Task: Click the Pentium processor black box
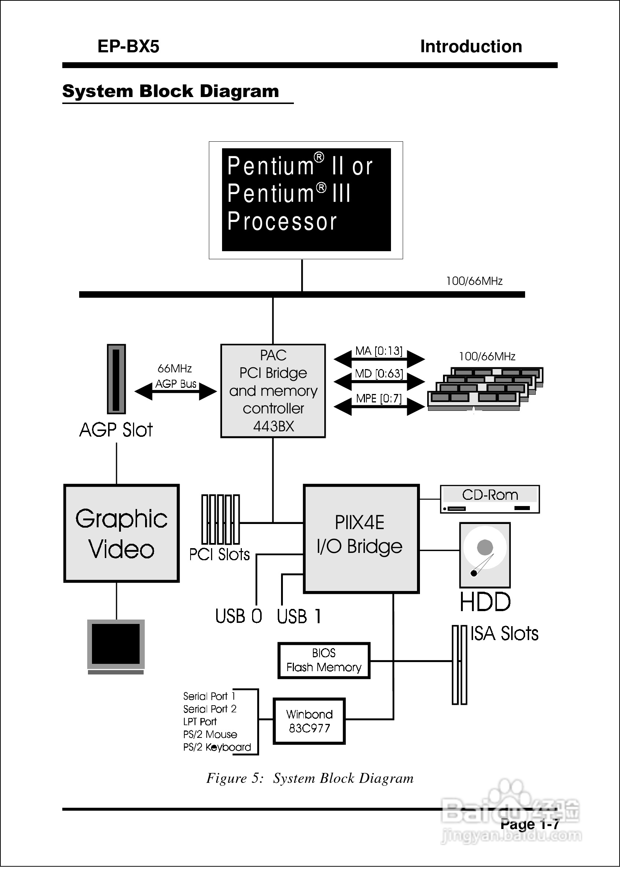tap(306, 200)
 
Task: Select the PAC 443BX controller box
tap(273, 391)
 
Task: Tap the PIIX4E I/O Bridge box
tap(361, 539)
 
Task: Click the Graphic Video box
tap(121, 533)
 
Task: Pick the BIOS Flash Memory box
tap(324, 661)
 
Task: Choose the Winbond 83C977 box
tap(309, 721)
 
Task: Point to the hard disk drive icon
tap(484, 555)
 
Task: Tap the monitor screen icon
tap(116, 644)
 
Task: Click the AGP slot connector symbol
tap(116, 379)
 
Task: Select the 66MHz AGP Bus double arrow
tap(176, 392)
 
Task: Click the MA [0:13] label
tap(379, 351)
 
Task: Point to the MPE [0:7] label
tap(379, 399)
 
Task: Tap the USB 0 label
tap(239, 616)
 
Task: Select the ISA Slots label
tap(504, 633)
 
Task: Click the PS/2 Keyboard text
tap(217, 747)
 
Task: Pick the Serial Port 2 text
tap(210, 709)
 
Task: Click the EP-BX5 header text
tap(128, 47)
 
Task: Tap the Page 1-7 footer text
tap(529, 824)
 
